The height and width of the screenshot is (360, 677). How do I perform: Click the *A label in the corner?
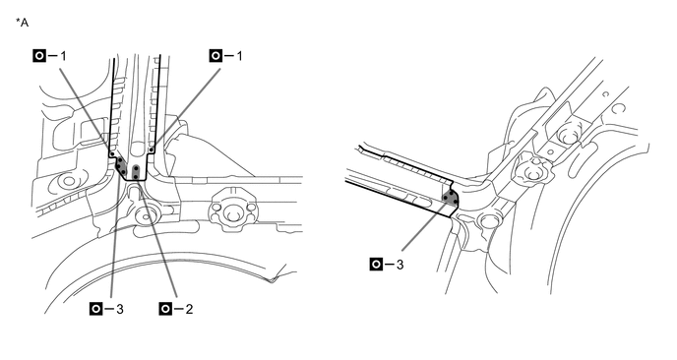pyautogui.click(x=22, y=23)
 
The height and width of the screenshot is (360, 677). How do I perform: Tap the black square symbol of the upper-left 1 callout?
pyautogui.click(x=39, y=56)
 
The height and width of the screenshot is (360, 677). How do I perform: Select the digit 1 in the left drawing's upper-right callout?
pyautogui.click(x=239, y=56)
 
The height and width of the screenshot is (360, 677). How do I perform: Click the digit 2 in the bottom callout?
pyautogui.click(x=189, y=309)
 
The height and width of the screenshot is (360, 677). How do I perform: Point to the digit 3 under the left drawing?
pyautogui.click(x=120, y=309)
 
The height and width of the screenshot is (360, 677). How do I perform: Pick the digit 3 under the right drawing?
pyautogui.click(x=400, y=265)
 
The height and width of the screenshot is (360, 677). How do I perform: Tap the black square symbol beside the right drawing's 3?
pyautogui.click(x=376, y=265)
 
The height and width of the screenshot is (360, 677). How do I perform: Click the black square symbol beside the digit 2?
pyautogui.click(x=165, y=309)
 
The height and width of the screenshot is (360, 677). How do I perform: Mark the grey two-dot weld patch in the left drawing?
pyautogui.click(x=136, y=172)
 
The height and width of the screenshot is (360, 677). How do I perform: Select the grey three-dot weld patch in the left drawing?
pyautogui.click(x=120, y=166)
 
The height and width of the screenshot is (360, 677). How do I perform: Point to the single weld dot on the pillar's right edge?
pyautogui.click(x=152, y=150)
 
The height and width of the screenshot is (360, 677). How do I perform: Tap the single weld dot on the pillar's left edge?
pyautogui.click(x=112, y=153)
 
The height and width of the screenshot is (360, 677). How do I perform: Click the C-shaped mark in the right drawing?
pyautogui.click(x=617, y=107)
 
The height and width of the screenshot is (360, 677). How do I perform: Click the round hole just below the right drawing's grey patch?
pyautogui.click(x=488, y=221)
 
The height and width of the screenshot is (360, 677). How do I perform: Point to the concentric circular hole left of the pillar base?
pyautogui.click(x=68, y=182)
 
